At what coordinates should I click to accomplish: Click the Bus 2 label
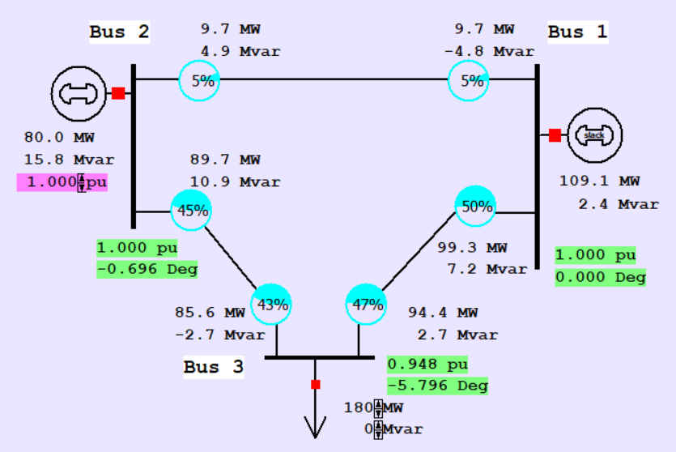click(119, 32)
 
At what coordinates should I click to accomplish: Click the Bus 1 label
click(577, 32)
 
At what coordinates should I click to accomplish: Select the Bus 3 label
click(213, 367)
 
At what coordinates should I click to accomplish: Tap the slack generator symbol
click(594, 135)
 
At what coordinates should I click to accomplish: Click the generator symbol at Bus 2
click(78, 93)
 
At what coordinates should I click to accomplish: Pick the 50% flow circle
click(475, 207)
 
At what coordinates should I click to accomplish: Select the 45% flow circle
click(191, 211)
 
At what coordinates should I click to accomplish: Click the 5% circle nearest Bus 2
click(199, 80)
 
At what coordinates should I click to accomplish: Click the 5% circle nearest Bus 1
click(470, 80)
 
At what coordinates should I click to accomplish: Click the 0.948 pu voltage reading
click(427, 365)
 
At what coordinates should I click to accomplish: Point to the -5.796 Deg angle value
click(437, 385)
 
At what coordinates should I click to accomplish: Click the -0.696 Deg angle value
click(147, 268)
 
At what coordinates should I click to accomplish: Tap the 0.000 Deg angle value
click(600, 277)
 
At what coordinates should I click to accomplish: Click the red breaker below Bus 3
click(316, 384)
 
